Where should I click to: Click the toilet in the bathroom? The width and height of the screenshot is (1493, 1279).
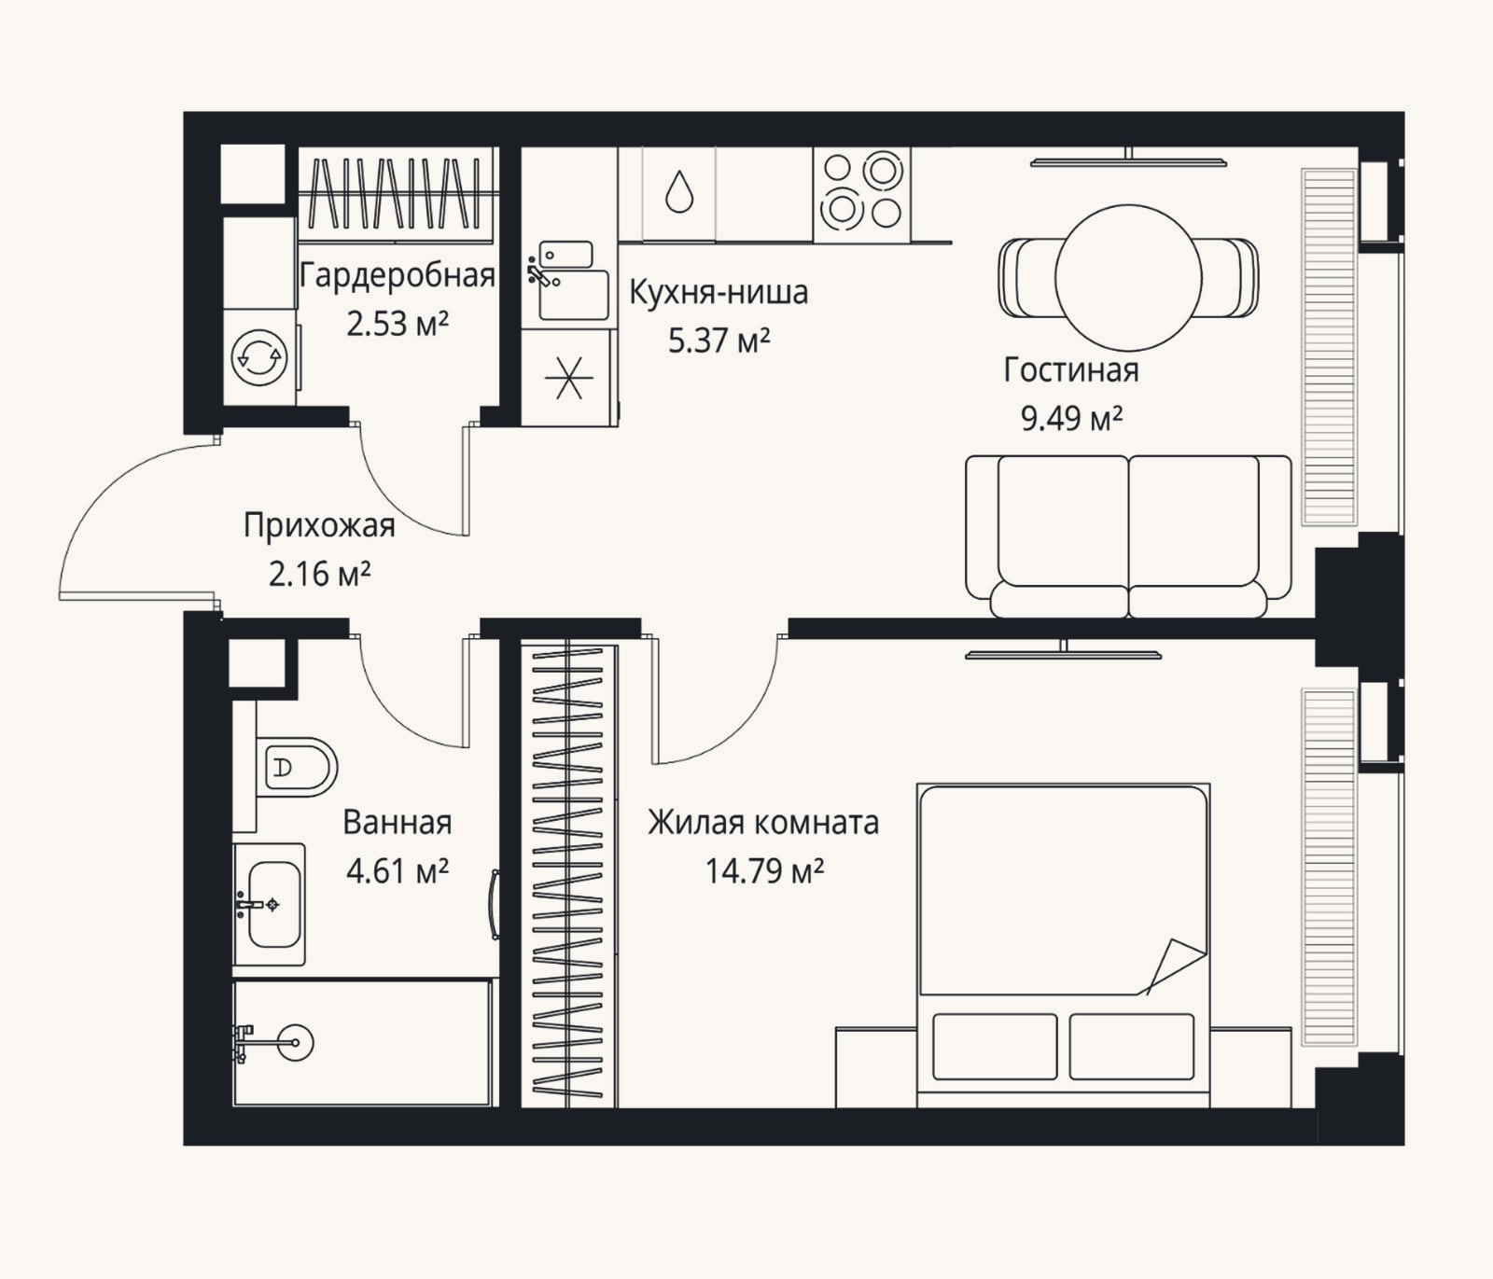297,768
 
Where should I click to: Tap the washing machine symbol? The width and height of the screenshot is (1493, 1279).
259,355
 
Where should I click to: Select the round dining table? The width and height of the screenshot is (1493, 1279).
1128,278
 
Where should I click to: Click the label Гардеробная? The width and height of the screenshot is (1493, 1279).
398,277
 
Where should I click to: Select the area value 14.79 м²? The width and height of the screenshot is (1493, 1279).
764,871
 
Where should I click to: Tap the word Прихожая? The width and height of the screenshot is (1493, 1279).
319,525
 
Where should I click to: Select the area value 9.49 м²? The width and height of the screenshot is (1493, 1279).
1071,419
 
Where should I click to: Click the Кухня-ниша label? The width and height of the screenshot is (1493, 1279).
719,292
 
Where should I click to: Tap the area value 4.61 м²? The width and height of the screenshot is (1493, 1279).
398,871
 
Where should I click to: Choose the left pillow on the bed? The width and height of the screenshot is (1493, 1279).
995,1047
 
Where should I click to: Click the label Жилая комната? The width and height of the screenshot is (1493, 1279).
763,823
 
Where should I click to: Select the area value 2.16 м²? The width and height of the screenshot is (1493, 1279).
319,574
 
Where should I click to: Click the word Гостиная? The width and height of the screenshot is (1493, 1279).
1071,370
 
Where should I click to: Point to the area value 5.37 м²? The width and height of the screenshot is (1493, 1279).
719,341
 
